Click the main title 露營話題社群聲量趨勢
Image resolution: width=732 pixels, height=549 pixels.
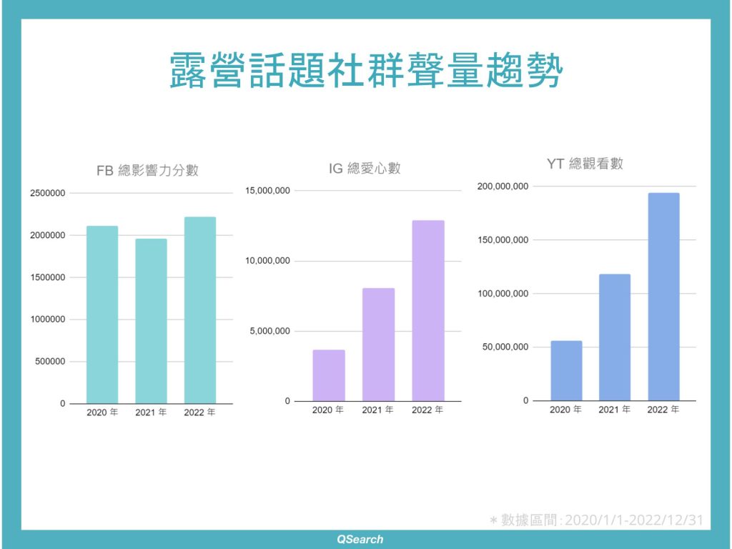[366, 70]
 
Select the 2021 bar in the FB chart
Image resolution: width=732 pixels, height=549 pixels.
[152, 321]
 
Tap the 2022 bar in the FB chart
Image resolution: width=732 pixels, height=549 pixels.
[200, 310]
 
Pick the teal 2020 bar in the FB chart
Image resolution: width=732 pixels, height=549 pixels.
[102, 315]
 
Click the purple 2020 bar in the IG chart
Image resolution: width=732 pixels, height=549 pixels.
[329, 375]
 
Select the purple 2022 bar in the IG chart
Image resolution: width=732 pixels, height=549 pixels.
[428, 311]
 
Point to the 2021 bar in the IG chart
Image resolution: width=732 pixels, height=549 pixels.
[379, 345]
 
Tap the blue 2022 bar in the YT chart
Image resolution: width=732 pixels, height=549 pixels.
[664, 297]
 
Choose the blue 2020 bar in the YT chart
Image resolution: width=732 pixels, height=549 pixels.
[567, 371]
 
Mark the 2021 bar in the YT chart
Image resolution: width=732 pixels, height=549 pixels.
[615, 337]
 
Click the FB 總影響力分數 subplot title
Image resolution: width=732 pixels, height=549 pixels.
[147, 170]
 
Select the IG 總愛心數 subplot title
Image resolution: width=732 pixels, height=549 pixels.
[365, 168]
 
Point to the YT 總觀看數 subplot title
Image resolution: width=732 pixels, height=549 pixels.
[585, 164]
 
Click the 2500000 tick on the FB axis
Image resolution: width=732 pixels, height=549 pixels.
[48, 193]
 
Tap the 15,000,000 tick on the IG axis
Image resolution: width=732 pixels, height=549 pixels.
[268, 191]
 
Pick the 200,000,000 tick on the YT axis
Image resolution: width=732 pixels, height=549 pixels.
[503, 187]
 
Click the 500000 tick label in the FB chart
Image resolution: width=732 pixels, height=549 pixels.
[50, 362]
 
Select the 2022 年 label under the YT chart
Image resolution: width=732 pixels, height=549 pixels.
[663, 410]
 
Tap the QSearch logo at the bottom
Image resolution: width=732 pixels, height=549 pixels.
[360, 540]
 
